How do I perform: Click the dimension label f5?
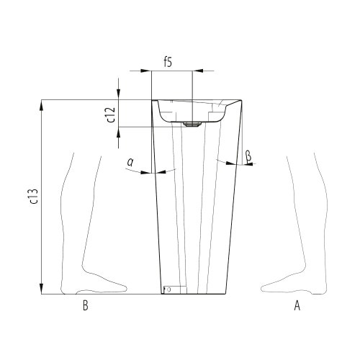point(167,61)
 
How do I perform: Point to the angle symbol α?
point(130,163)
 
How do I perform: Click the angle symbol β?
point(248,155)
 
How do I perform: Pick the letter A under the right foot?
point(296,306)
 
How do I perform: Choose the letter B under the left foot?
point(85,306)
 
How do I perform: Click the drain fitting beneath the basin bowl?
point(191,124)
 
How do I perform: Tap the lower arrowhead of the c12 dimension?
point(120,132)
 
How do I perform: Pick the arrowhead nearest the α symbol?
point(148,172)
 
